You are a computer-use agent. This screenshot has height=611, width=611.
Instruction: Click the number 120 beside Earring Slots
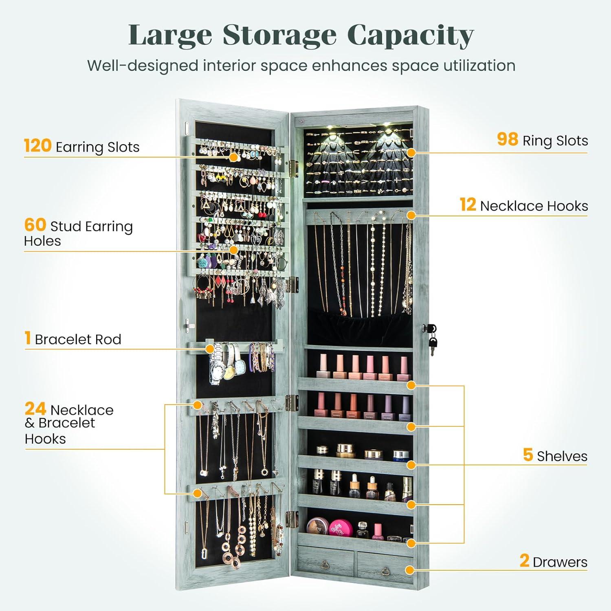tap(37, 145)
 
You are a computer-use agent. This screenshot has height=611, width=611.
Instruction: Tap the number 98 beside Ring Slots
tap(507, 139)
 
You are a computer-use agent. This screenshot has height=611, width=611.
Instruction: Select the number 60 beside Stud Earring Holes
tap(35, 225)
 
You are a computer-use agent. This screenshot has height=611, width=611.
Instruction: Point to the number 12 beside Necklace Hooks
tap(468, 205)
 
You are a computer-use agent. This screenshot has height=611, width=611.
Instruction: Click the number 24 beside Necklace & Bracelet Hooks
tap(35, 409)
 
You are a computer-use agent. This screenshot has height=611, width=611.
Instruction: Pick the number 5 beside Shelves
tap(528, 455)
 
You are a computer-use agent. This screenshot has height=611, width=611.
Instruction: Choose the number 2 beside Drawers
tap(524, 561)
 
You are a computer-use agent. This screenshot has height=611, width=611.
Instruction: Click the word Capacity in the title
tap(410, 36)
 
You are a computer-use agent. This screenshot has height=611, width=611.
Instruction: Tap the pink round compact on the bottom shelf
tap(337, 527)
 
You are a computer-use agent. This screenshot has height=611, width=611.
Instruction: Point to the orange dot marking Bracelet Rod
tap(210, 349)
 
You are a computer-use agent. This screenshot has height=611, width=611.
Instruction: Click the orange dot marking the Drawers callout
tap(410, 570)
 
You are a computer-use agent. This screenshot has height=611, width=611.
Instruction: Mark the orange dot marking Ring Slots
tap(411, 153)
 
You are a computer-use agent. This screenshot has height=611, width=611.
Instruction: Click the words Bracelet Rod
tap(78, 339)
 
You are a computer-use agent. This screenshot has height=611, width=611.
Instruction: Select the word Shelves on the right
tap(562, 456)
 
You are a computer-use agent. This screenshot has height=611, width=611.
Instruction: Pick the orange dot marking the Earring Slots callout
tap(233, 157)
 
